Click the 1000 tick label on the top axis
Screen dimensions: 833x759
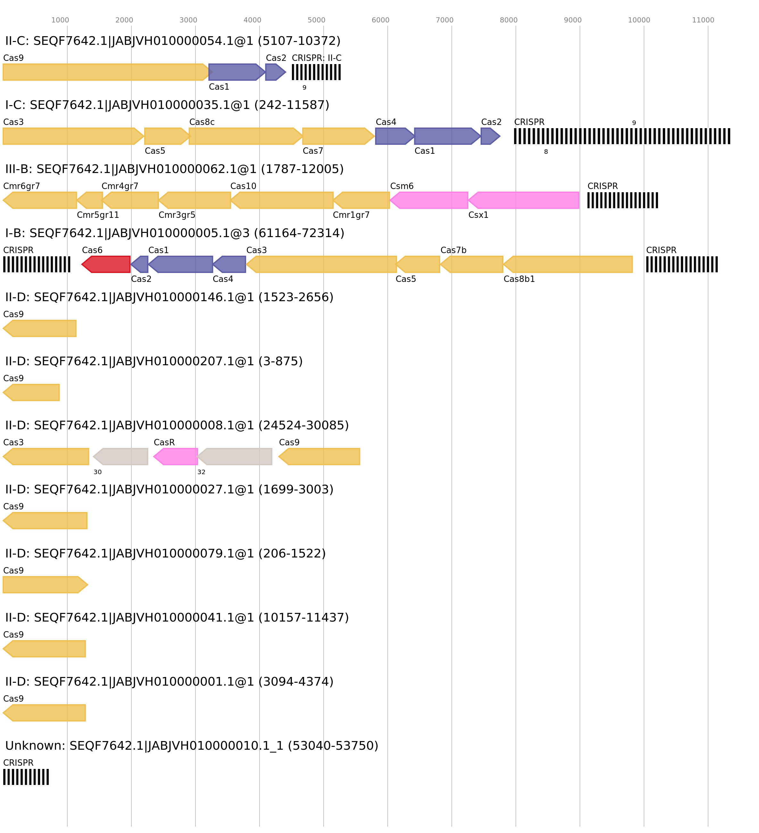[x=60, y=20]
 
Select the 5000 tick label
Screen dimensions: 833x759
[x=316, y=20]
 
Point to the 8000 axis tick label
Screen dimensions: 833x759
[x=508, y=20]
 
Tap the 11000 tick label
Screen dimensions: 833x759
[x=703, y=20]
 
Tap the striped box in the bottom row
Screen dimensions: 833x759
[x=26, y=777]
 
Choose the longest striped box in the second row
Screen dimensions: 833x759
[x=622, y=136]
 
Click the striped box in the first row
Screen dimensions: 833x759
[x=316, y=72]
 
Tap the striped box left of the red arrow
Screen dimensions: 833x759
[x=37, y=264]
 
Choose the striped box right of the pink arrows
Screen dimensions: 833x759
[x=622, y=200]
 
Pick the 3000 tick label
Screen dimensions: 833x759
[x=188, y=20]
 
